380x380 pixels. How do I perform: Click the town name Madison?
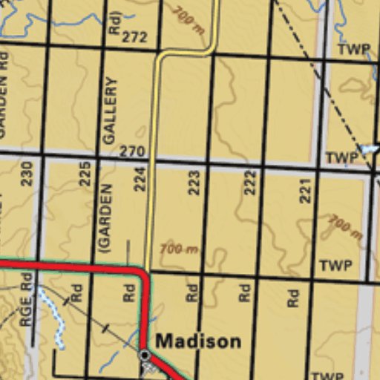[198, 341]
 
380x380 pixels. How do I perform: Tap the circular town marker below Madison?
[145, 356]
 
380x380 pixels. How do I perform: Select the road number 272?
[134, 37]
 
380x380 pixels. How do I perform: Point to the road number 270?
[131, 151]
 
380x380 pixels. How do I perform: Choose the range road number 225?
[85, 174]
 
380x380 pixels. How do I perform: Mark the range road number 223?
[194, 183]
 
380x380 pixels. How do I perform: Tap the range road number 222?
[249, 183]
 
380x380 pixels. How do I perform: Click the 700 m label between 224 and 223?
[179, 249]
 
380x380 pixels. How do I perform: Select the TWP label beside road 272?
[353, 50]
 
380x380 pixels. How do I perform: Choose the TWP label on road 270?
[341, 158]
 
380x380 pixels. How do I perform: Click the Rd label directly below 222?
[245, 292]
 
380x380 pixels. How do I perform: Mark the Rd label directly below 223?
[191, 292]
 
